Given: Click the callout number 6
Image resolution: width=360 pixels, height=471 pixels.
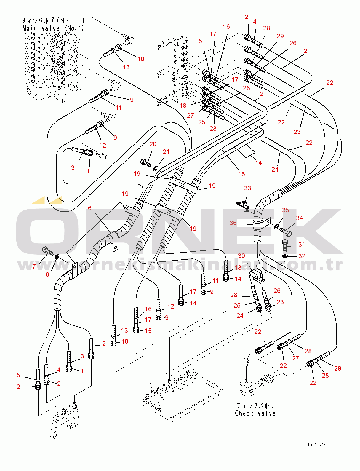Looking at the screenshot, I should (x=90, y=208).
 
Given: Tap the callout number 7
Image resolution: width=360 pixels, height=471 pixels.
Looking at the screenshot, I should (x=34, y=266).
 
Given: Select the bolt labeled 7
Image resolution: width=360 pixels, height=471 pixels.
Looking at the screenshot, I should (x=48, y=251).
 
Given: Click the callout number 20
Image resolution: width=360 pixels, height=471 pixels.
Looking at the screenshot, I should (x=153, y=144).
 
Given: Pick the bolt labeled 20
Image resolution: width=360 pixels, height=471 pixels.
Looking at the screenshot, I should (x=146, y=163).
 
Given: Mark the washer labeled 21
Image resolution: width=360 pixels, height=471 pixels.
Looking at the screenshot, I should (x=155, y=169).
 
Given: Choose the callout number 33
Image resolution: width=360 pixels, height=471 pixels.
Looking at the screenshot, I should (x=247, y=188).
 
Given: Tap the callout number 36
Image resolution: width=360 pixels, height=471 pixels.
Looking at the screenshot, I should (x=233, y=223).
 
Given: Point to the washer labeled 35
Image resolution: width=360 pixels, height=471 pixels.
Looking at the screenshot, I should (x=276, y=227).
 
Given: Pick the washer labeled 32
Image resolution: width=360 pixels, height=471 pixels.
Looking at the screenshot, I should (x=284, y=256).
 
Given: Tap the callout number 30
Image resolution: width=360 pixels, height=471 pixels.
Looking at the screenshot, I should (x=241, y=256).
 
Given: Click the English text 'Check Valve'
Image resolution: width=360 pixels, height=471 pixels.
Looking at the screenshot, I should (x=255, y=413).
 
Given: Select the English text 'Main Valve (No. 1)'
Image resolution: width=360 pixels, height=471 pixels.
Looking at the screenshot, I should (x=53, y=28).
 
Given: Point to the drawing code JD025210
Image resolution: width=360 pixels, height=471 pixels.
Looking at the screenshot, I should (x=317, y=445).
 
